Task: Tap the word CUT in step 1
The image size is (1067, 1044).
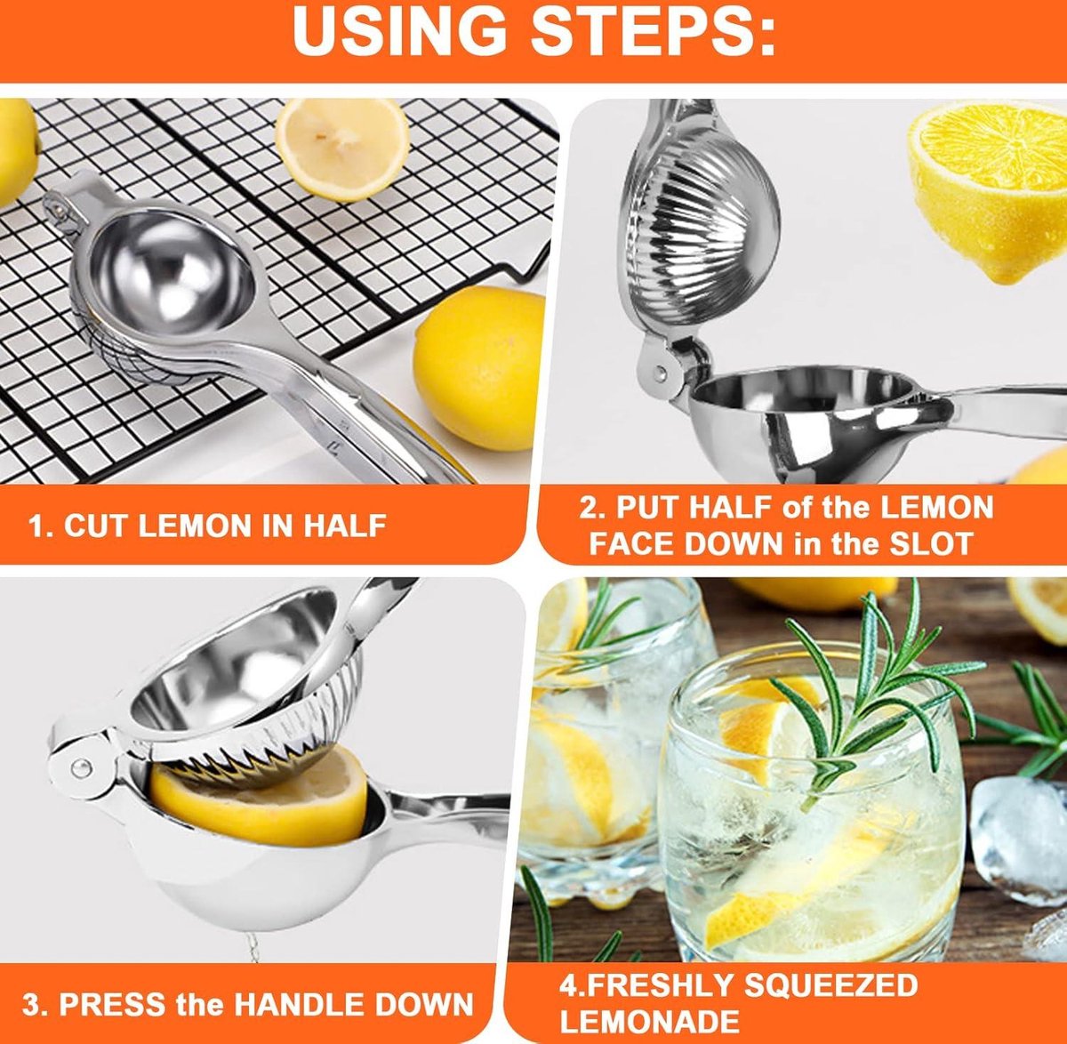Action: [96, 526]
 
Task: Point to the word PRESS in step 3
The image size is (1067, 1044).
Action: [112, 1004]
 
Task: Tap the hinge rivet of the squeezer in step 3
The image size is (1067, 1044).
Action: [81, 768]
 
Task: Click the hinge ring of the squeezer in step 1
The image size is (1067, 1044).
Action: [55, 207]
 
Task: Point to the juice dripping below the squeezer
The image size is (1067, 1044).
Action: [253, 944]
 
